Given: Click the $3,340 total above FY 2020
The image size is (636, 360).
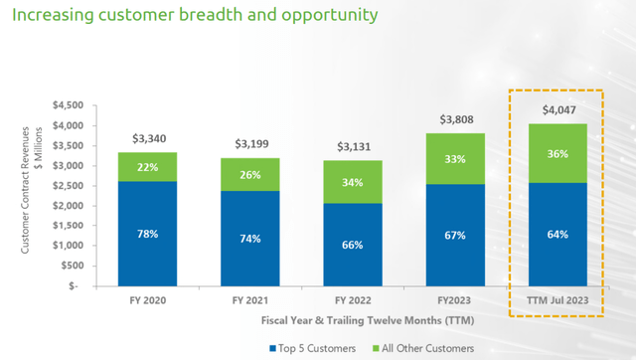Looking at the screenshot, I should coord(147,139).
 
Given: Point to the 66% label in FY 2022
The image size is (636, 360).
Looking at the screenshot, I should coord(352,244).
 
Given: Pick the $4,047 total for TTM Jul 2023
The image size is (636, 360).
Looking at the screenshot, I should coord(556,110).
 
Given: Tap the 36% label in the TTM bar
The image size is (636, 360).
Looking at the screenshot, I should coord(556,153).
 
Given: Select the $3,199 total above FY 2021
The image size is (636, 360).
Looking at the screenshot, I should coord(249,145).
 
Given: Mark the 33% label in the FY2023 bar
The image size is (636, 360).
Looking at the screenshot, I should coord(454,158).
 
